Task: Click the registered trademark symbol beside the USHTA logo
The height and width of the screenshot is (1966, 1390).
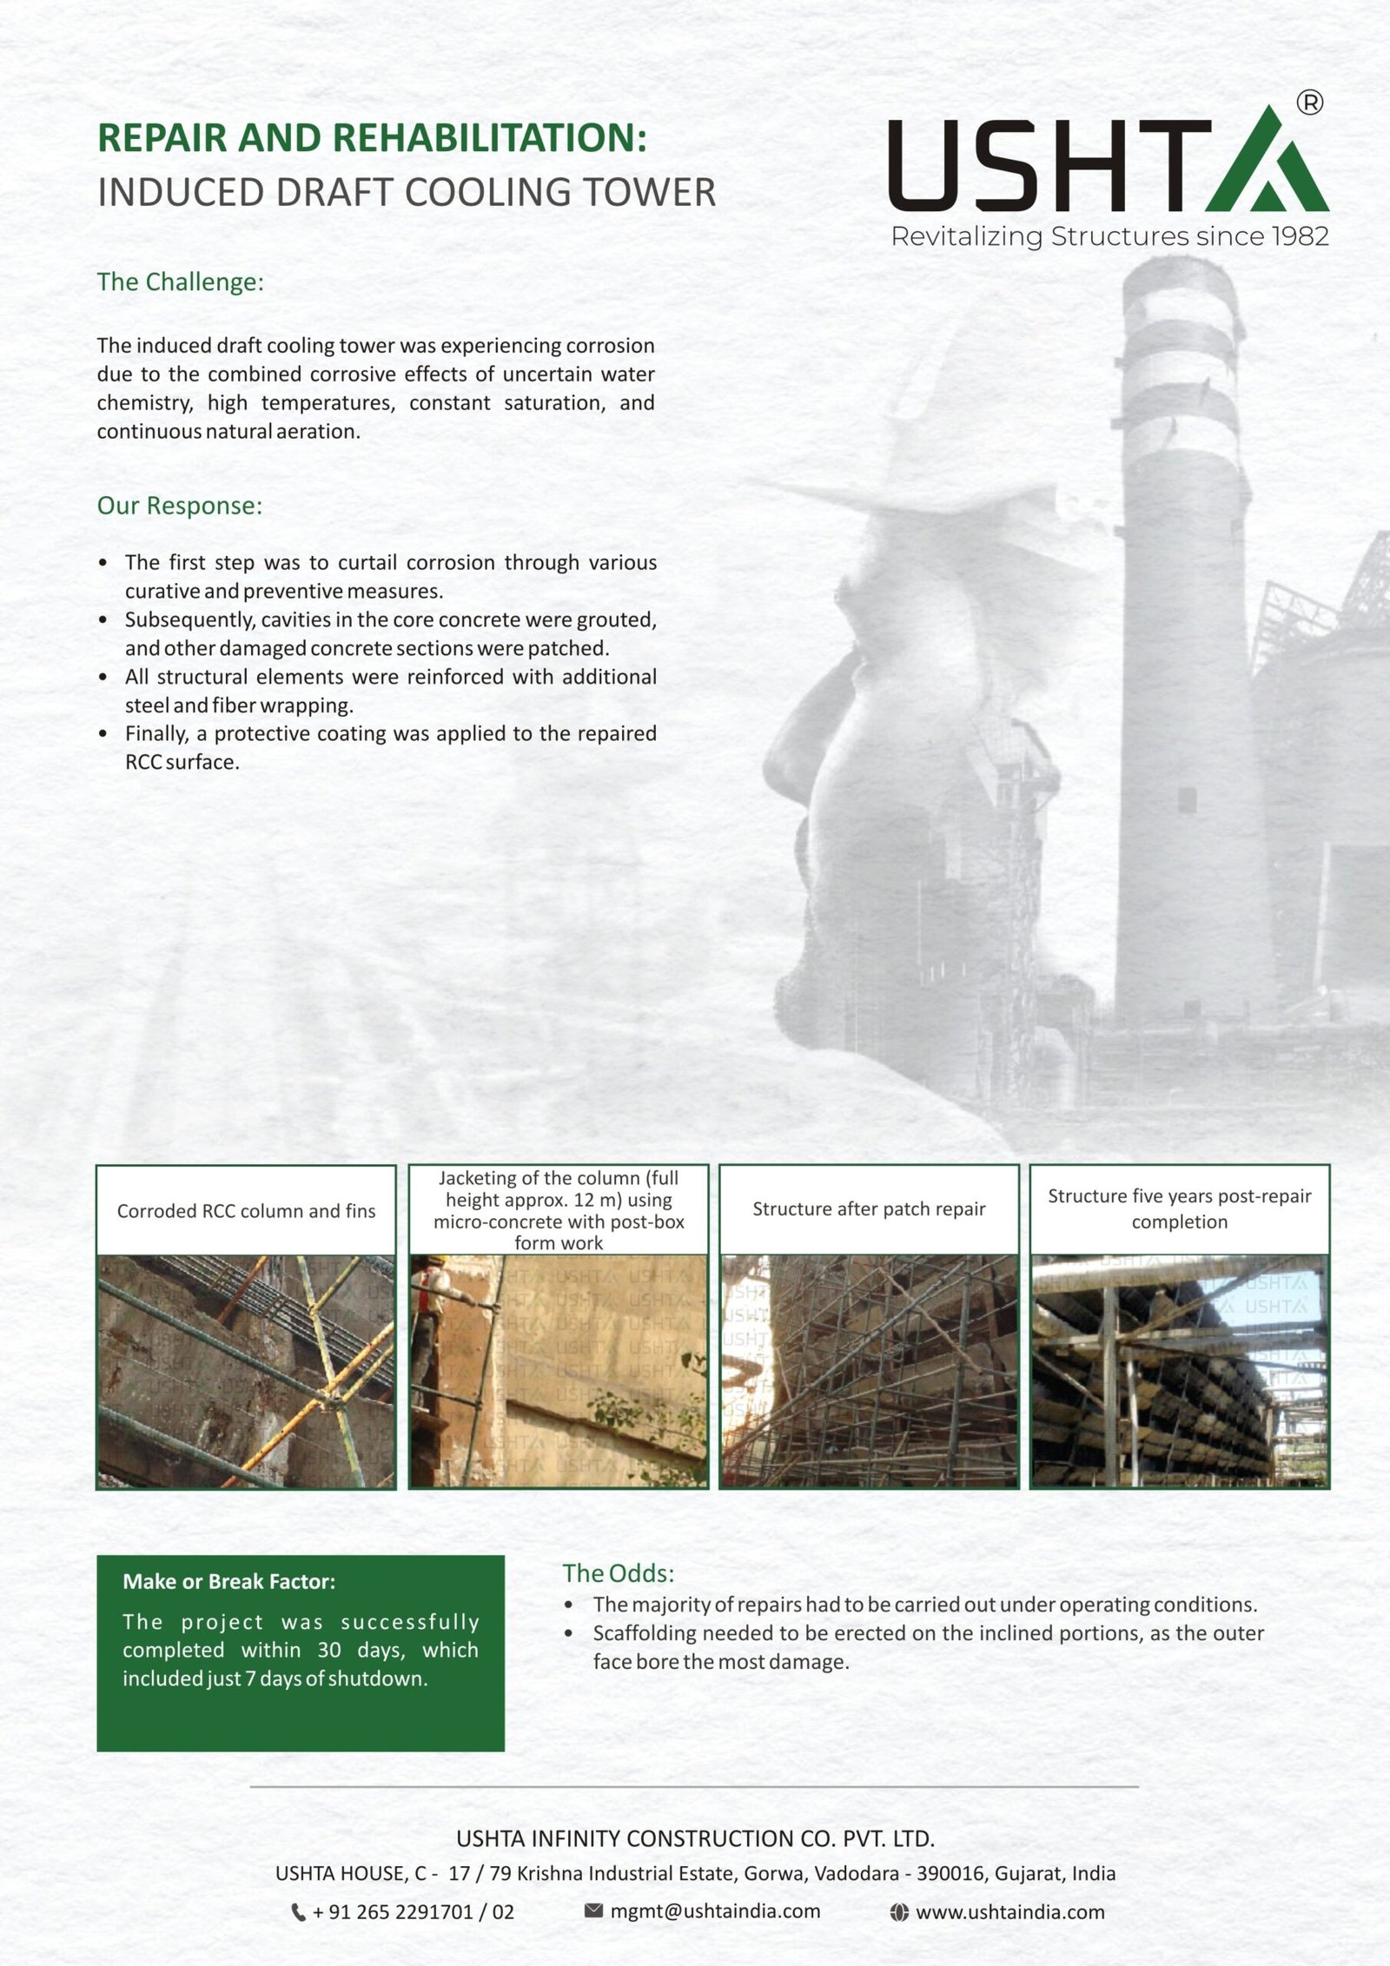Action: [x=1309, y=103]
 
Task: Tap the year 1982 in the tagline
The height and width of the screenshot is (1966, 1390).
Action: [x=1300, y=236]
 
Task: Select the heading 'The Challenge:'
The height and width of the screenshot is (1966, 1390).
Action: [x=180, y=282]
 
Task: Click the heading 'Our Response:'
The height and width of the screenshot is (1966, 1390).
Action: [x=179, y=506]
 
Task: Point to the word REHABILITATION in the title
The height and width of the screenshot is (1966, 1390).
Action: [x=489, y=138]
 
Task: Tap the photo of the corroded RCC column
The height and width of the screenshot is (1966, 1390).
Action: [x=246, y=1371]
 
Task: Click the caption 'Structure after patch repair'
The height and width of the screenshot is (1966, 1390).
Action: [x=869, y=1208]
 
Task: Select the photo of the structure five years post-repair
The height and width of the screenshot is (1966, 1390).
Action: [x=1179, y=1371]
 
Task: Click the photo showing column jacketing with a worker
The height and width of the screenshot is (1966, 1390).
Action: [x=559, y=1371]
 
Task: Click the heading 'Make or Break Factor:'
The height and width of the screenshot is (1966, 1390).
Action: [x=228, y=1581]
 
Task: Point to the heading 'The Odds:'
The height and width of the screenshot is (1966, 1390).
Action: [x=618, y=1573]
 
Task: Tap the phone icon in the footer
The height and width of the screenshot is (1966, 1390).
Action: [x=298, y=1912]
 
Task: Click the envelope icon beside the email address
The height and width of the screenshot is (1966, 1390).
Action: [x=593, y=1910]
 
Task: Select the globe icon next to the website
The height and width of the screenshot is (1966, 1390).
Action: [x=899, y=1912]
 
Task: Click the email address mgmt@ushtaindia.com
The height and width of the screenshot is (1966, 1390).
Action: [x=715, y=1911]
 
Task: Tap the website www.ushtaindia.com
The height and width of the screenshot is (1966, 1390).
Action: [x=1010, y=1912]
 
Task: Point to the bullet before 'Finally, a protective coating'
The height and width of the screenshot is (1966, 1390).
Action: [x=103, y=734]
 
